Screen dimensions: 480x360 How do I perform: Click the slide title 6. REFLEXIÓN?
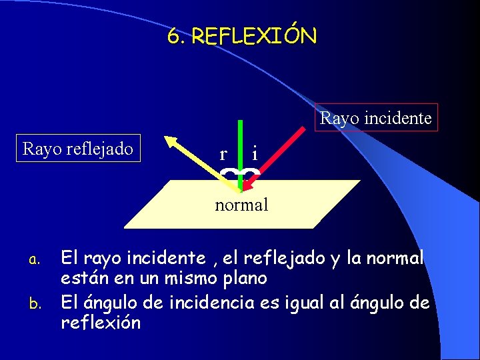pyautogui.click(x=242, y=36)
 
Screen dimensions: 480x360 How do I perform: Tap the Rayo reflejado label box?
pyautogui.click(x=78, y=147)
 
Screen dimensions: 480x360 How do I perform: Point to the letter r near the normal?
pyautogui.click(x=223, y=155)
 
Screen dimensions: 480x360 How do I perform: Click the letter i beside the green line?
pyautogui.click(x=255, y=154)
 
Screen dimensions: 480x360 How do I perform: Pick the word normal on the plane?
pyautogui.click(x=241, y=205)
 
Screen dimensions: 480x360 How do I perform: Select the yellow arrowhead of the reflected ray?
pyautogui.click(x=171, y=141)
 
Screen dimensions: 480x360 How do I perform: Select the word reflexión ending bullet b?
pyautogui.click(x=101, y=323)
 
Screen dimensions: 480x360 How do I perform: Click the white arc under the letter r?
pyautogui.click(x=230, y=173)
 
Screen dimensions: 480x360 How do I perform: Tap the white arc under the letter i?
pyautogui.click(x=250, y=173)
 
